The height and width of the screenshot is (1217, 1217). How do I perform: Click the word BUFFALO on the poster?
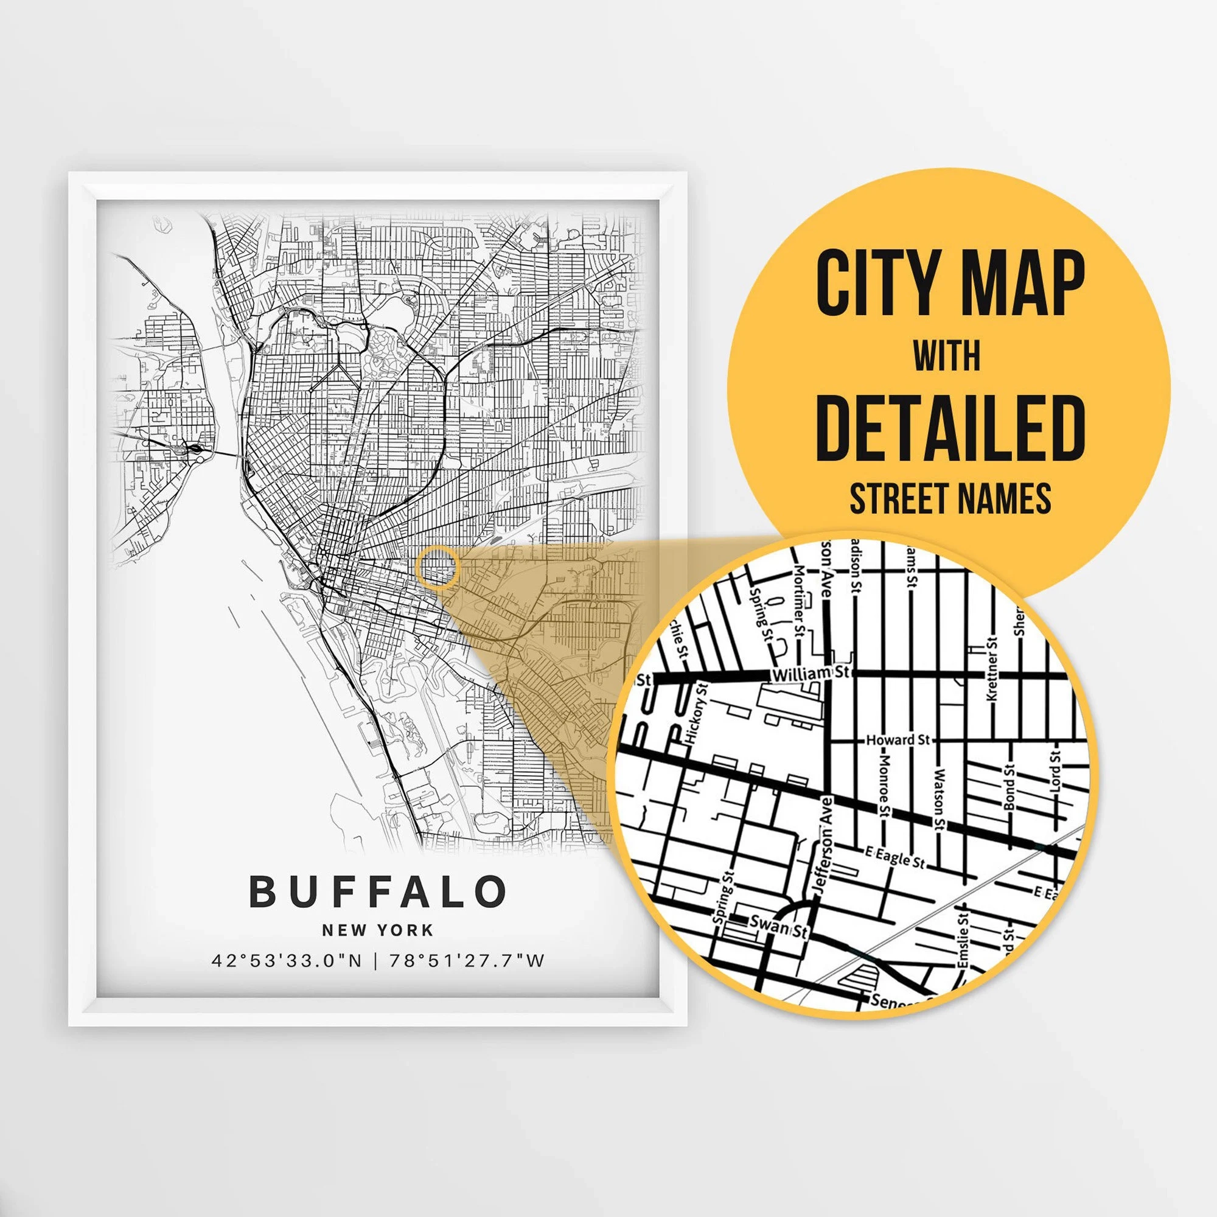pos(378,891)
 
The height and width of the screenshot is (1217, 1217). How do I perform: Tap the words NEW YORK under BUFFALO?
pos(377,930)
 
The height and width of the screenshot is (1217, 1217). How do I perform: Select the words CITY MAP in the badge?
pos(950,284)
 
